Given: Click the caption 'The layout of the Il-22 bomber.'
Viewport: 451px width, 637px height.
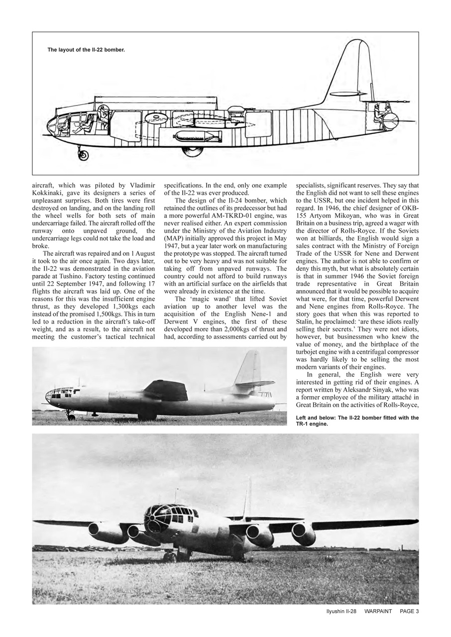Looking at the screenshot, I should point(86,50).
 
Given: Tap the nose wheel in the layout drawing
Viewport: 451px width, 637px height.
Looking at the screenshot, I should point(83,155).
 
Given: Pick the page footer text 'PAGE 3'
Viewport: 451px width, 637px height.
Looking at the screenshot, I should point(409,611).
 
